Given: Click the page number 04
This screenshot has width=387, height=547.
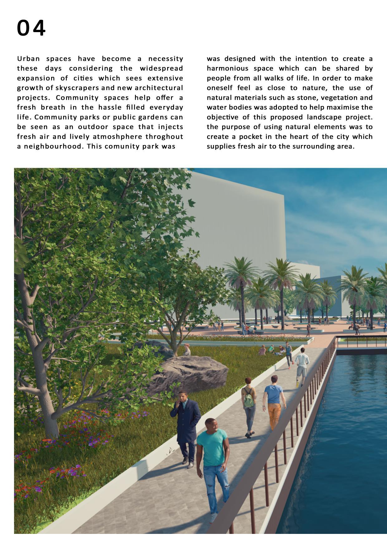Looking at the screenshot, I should point(31,28).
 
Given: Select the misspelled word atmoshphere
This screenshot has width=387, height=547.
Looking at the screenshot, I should point(118,137).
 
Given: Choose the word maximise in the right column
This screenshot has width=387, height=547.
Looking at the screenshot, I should point(346,108).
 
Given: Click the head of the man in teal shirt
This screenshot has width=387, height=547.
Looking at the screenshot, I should point(211,424).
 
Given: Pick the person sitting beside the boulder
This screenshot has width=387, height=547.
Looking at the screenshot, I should point(187,350).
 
